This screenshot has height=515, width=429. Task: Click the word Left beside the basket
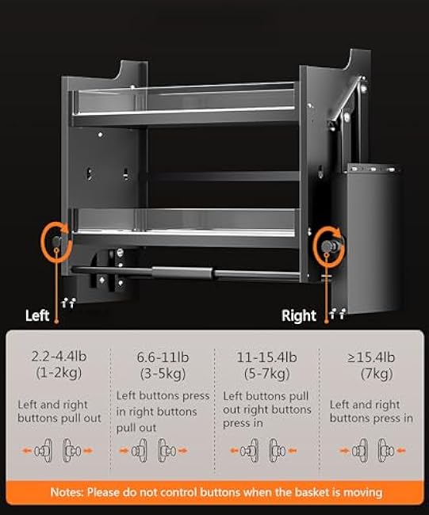pyautogui.click(x=37, y=315)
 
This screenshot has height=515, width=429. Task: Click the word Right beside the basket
pyautogui.click(x=299, y=315)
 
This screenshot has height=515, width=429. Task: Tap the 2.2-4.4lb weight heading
pyautogui.click(x=59, y=357)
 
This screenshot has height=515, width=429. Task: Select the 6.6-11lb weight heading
pyautogui.click(x=163, y=357)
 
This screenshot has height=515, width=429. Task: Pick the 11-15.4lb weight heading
pyautogui.click(x=266, y=357)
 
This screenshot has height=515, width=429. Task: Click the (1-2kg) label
pyautogui.click(x=59, y=372)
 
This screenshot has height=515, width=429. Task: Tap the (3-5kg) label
pyautogui.click(x=163, y=372)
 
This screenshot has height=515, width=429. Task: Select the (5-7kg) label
pyautogui.click(x=266, y=372)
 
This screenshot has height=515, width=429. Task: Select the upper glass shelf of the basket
pyautogui.click(x=182, y=103)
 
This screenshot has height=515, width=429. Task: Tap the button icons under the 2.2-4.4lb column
pyautogui.click(x=59, y=451)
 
